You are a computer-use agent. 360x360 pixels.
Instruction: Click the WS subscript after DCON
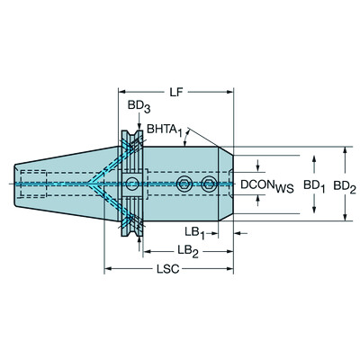284,188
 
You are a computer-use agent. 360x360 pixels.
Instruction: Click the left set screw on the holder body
184,184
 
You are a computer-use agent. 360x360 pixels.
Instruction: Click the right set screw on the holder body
209,184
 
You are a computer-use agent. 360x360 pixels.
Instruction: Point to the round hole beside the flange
132,184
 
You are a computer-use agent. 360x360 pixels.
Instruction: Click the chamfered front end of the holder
226,184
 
